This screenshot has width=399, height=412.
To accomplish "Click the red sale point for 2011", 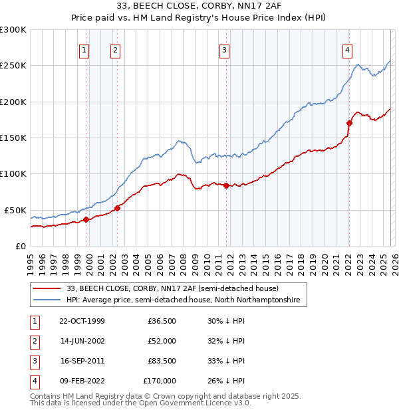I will [x=226, y=185].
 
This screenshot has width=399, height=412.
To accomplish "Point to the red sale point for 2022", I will [x=348, y=123].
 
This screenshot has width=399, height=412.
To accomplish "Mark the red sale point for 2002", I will [x=117, y=208].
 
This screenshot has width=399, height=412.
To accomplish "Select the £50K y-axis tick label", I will [x=15, y=210].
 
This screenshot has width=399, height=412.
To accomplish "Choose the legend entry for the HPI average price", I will [x=183, y=300].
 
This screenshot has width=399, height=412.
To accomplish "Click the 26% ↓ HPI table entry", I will [x=226, y=381].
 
